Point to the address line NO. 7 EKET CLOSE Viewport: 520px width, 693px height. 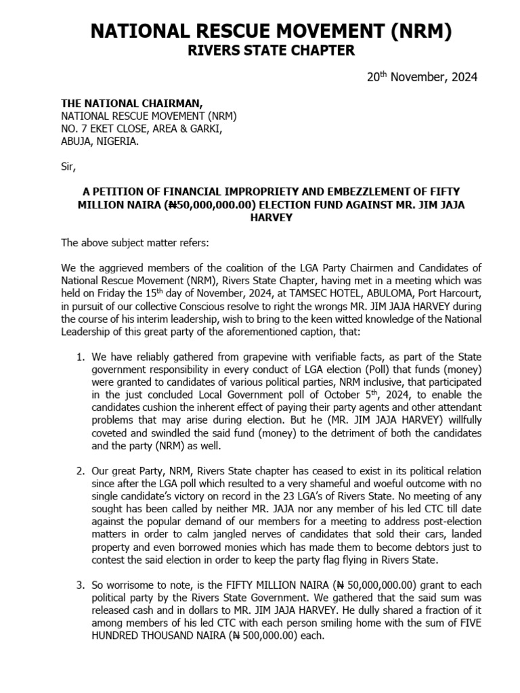click(x=140, y=129)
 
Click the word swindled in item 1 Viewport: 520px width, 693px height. click(x=155, y=433)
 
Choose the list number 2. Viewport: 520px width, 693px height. click(x=79, y=471)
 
